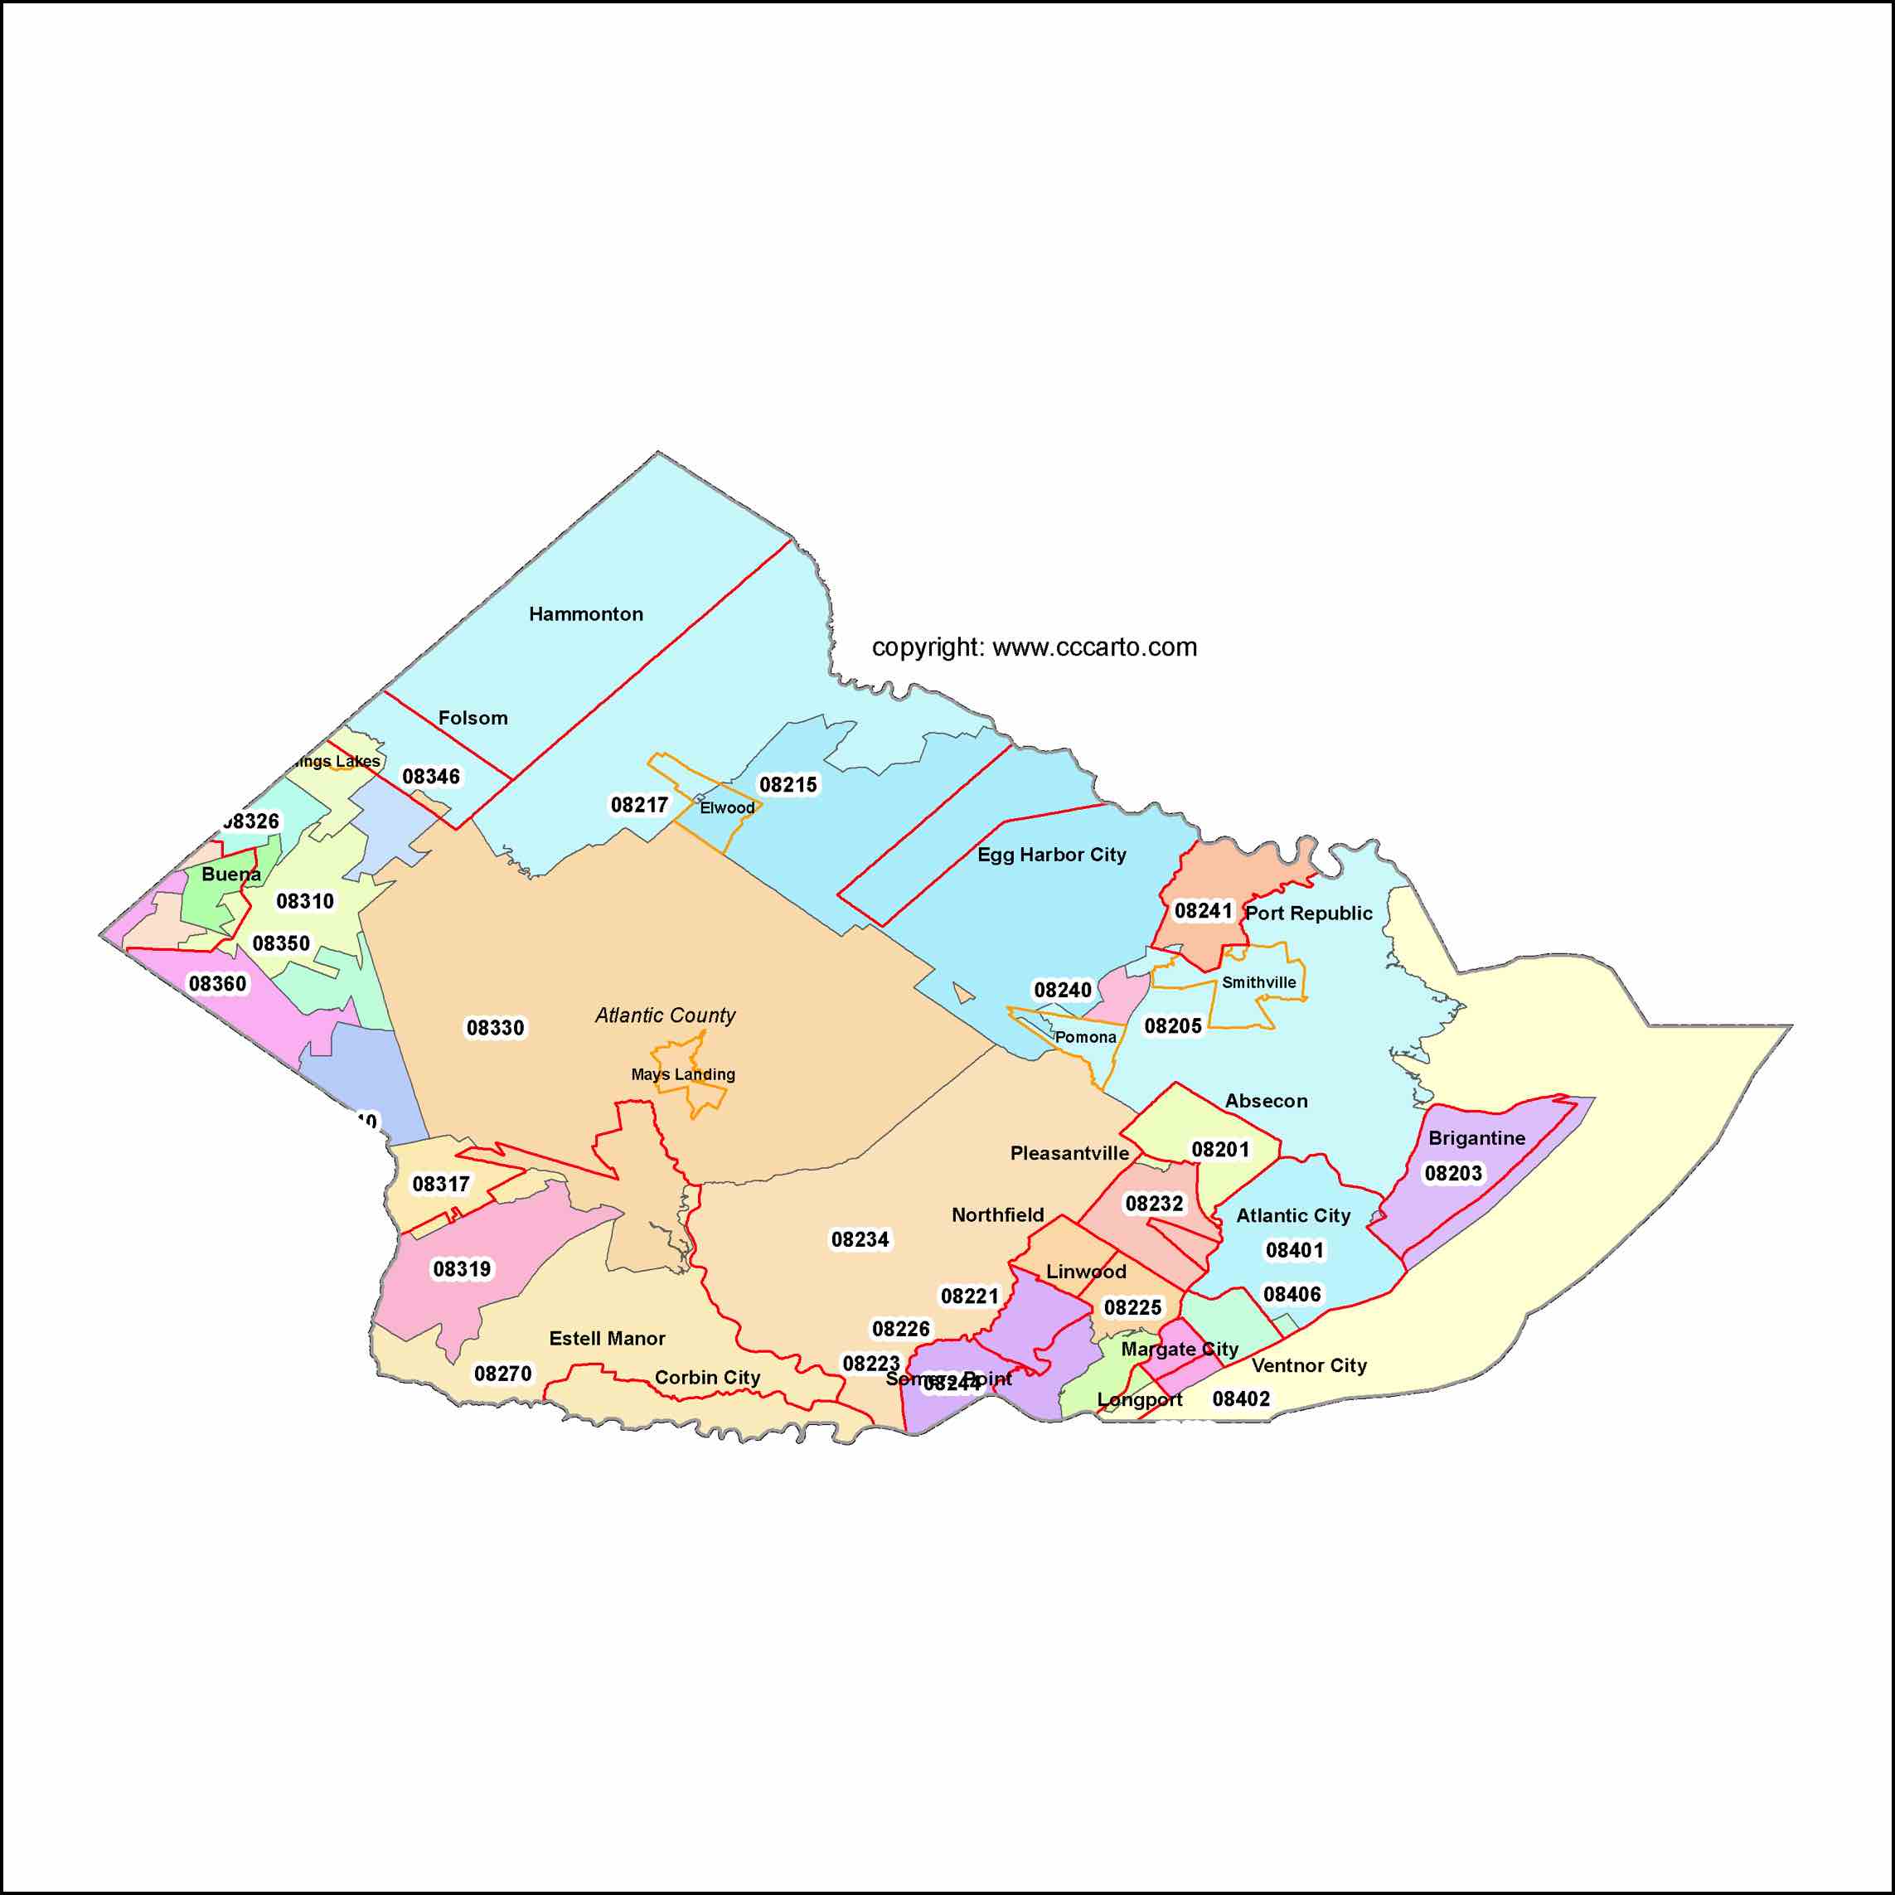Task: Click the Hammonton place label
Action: coord(585,614)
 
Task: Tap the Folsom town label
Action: coord(473,718)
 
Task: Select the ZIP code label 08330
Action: coord(496,1028)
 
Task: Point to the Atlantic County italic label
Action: coord(665,1015)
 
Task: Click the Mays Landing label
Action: coord(683,1074)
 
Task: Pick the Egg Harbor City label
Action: coord(1051,855)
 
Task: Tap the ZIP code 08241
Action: coord(1203,911)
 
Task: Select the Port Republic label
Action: coord(1308,914)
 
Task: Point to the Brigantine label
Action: coord(1476,1138)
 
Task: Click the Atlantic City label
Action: coord(1292,1215)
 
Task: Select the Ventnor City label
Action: coord(1308,1365)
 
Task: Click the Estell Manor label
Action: coord(607,1338)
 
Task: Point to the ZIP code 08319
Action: coord(462,1269)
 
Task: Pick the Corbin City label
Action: coord(707,1377)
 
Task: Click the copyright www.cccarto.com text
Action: coord(1034,647)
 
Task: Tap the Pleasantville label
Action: coord(1069,1152)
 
